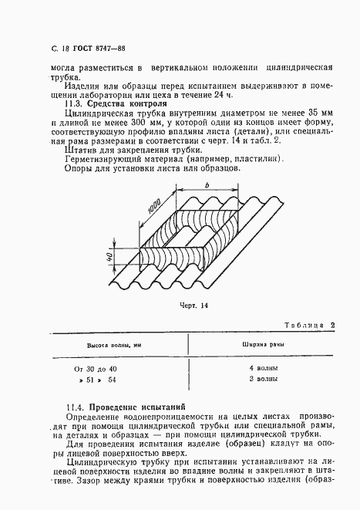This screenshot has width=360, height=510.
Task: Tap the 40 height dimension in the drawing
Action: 112,255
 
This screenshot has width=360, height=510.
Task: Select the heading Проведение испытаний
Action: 136,407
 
